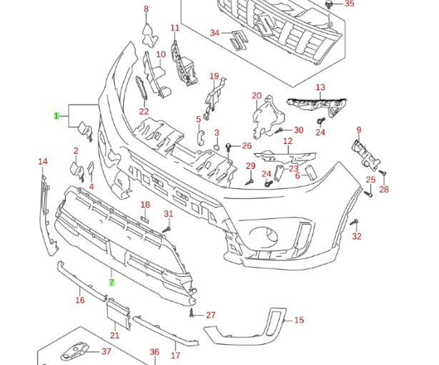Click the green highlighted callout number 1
pos(56,115)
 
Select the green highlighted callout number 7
pos(112,282)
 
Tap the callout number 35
pos(349,4)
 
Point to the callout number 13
pos(320,87)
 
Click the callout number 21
pos(115,335)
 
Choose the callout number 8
pos(146,9)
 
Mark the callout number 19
pos(214,77)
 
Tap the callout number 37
pos(107,351)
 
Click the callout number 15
pos(299,320)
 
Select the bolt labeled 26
pos(228,147)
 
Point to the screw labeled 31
pos(167,228)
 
